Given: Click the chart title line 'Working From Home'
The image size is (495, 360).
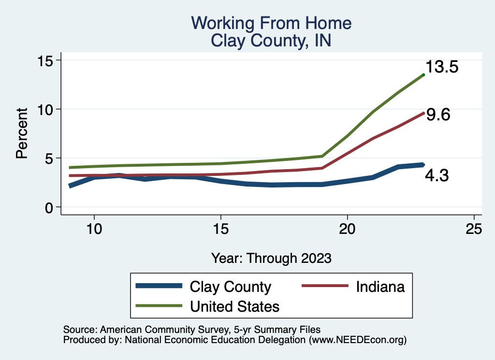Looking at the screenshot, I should click(x=271, y=23).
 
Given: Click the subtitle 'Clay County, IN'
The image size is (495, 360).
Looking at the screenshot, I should click(x=271, y=40).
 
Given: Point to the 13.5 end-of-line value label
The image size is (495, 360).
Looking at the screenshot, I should click(x=442, y=67).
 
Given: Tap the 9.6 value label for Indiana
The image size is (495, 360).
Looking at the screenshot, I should click(x=438, y=115).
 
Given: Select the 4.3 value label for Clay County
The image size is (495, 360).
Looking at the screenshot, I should click(x=437, y=175).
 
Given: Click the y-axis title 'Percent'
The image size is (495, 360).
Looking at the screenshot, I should click(x=21, y=133).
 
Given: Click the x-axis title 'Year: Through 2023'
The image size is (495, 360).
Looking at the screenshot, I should click(x=271, y=258).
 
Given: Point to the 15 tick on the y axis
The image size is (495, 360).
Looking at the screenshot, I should click(x=47, y=60).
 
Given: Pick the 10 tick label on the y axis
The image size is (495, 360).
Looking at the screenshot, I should click(x=47, y=109).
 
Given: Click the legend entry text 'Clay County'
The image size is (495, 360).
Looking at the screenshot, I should click(x=231, y=287).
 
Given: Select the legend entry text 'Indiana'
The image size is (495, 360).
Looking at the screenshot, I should click(x=380, y=287).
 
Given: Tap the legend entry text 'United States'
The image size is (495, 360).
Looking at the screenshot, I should click(x=235, y=306).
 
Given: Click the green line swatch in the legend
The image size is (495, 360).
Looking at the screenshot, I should click(x=159, y=306).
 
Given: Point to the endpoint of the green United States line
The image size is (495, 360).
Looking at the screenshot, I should click(x=423, y=74).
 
